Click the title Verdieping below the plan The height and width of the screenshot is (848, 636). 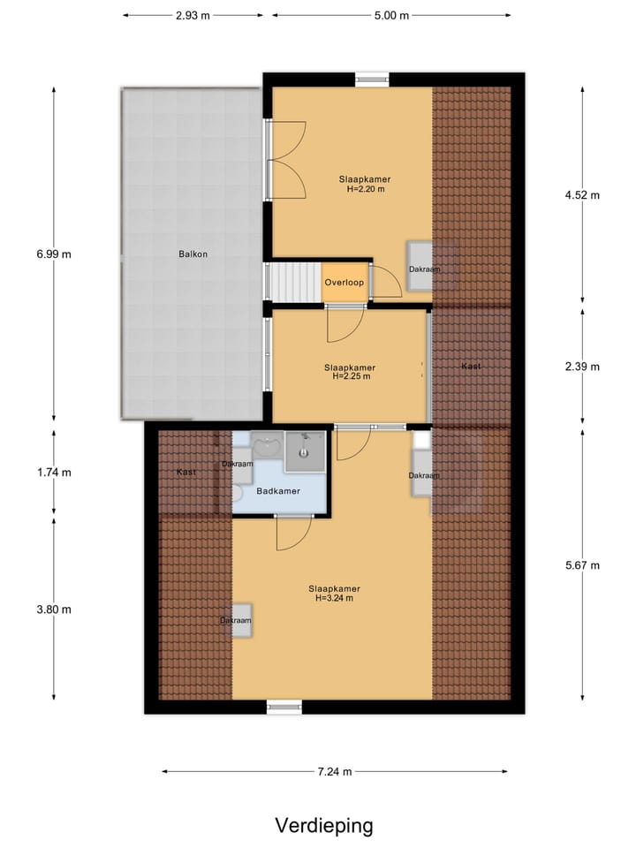[x=323, y=826]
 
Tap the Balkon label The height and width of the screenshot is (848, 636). [x=192, y=254]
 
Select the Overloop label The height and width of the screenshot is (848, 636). [x=344, y=283]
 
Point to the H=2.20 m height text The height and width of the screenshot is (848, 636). [x=364, y=189]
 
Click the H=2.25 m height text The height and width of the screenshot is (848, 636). [x=350, y=376]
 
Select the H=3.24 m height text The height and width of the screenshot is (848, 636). [x=334, y=598]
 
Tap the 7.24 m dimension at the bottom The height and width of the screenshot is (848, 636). [x=335, y=772]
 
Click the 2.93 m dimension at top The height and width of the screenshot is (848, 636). [x=193, y=15]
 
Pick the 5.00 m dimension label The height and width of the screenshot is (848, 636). [x=391, y=15]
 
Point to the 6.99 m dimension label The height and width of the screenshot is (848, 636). [x=53, y=254]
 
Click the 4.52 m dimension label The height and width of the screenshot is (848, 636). [x=581, y=196]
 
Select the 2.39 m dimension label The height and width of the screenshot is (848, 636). [x=581, y=367]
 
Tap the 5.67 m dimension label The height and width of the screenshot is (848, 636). [x=581, y=566]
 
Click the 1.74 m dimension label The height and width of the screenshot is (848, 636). [x=53, y=473]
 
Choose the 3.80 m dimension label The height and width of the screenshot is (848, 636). [x=53, y=609]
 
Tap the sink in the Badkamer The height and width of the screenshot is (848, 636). [x=266, y=444]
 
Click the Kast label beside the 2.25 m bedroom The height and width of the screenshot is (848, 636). [x=472, y=366]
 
